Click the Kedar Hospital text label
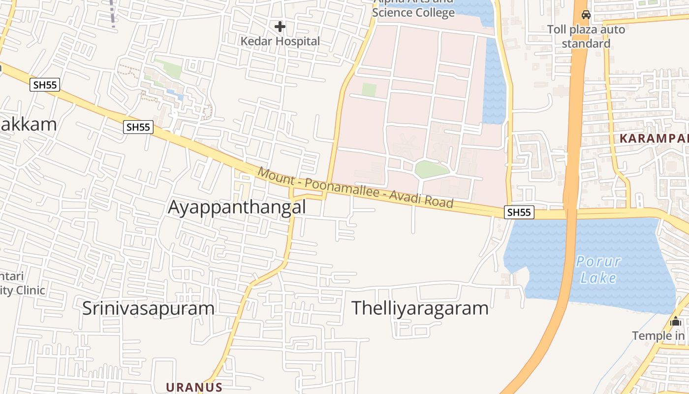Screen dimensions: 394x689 pos(280,41)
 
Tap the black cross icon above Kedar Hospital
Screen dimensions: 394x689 pos(280,26)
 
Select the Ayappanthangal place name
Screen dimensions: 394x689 pos(237,207)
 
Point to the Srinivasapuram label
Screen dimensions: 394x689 pos(148,308)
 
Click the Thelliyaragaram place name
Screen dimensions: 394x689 pos(420,308)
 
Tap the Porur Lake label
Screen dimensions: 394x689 pos(598,269)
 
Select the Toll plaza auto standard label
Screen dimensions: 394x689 pos(586,36)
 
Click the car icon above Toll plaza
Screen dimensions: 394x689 pos(586,15)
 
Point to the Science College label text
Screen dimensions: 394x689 pos(413,13)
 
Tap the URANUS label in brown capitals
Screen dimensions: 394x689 pos(194,387)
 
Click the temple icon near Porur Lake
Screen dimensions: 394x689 pos(676,322)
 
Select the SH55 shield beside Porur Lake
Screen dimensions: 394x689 pos(519,212)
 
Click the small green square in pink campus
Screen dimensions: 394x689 pos(369,90)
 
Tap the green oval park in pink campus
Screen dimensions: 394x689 pos(432,169)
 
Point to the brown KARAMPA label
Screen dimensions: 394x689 pos(654,138)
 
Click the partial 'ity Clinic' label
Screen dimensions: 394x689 pos(23,290)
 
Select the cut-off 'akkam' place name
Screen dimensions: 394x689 pos(28,124)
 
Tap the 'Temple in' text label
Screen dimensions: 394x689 pos(658,336)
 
